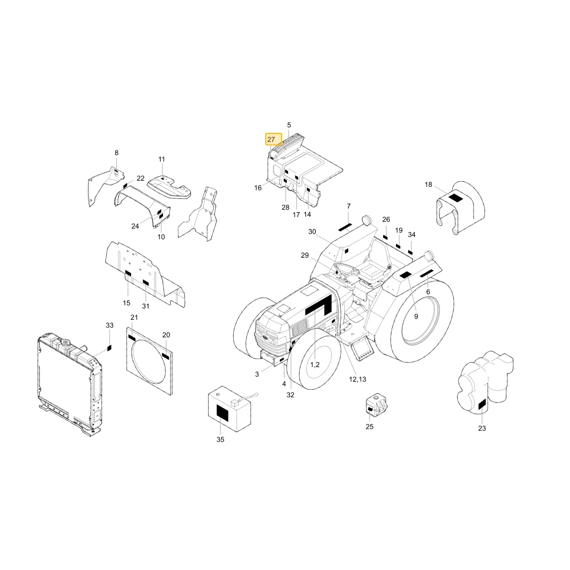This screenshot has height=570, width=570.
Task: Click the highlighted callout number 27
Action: point(271,140)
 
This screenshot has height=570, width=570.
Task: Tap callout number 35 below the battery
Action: point(220,439)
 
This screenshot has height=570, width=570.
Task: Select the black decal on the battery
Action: point(222,413)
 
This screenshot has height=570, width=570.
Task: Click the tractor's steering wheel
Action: point(347,270)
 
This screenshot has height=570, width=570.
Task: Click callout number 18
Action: point(428,185)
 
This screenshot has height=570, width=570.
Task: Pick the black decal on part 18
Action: point(455,198)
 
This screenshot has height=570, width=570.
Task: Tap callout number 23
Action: point(482,429)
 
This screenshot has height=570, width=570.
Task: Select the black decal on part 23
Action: point(482,405)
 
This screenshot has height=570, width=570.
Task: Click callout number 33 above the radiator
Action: point(109,325)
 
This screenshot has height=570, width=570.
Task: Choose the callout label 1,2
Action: point(315,365)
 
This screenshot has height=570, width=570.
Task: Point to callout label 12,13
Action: point(357,379)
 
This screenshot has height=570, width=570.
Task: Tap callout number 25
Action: point(369,427)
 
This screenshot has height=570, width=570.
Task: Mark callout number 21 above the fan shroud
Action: point(134,317)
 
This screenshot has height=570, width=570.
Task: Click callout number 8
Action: point(116,153)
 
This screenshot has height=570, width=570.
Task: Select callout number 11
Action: point(162,159)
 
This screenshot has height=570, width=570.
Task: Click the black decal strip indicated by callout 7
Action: point(345,227)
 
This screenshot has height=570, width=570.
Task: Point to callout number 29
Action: point(304,255)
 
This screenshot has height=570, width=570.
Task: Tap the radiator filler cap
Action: point(66,341)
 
